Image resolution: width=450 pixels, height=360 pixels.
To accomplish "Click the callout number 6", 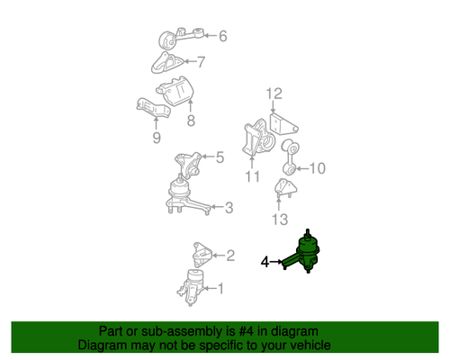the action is [222, 36].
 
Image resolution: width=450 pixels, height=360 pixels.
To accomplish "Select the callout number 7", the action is [201, 62].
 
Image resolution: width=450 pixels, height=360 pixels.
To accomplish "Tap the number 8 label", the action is [191, 121].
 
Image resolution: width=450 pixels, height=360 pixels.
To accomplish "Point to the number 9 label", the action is [157, 138].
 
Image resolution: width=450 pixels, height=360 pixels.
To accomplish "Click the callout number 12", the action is [274, 94].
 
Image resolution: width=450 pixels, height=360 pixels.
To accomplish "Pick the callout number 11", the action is [252, 176].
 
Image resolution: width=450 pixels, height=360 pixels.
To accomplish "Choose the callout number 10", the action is [318, 168].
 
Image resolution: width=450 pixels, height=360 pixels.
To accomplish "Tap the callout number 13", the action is [280, 220].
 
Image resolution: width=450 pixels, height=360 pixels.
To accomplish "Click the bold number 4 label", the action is [265, 262].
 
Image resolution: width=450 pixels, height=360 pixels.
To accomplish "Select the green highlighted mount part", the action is [304, 253].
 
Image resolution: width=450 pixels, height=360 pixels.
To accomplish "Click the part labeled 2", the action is [202, 255].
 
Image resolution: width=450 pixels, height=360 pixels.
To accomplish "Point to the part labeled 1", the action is [190, 287].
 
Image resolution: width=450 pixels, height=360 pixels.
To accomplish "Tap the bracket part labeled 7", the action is [166, 63].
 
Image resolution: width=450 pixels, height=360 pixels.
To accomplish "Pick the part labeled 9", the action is [154, 108].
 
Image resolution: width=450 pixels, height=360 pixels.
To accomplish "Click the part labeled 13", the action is [285, 188].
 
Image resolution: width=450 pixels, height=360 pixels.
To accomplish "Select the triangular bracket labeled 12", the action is [283, 125].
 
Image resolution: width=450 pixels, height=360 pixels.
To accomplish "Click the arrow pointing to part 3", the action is [218, 207].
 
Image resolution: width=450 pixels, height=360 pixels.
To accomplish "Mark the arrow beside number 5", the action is [208, 157].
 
